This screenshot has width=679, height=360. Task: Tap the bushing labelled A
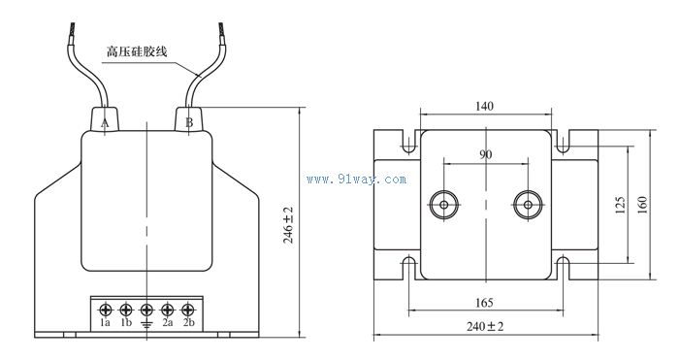(x=106, y=119)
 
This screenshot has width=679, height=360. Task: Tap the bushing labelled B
(x=188, y=119)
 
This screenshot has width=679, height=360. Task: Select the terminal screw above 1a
(x=105, y=309)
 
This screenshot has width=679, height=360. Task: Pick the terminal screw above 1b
(x=126, y=309)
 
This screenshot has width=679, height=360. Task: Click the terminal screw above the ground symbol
(x=146, y=309)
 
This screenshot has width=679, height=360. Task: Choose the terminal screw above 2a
(x=168, y=309)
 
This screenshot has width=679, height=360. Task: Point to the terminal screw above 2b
(x=188, y=309)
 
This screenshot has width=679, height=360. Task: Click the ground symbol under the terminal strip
(x=146, y=323)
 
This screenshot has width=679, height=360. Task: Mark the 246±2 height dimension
(x=288, y=224)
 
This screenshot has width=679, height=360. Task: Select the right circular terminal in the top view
(x=528, y=204)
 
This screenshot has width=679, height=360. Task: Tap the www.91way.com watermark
(x=356, y=180)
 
